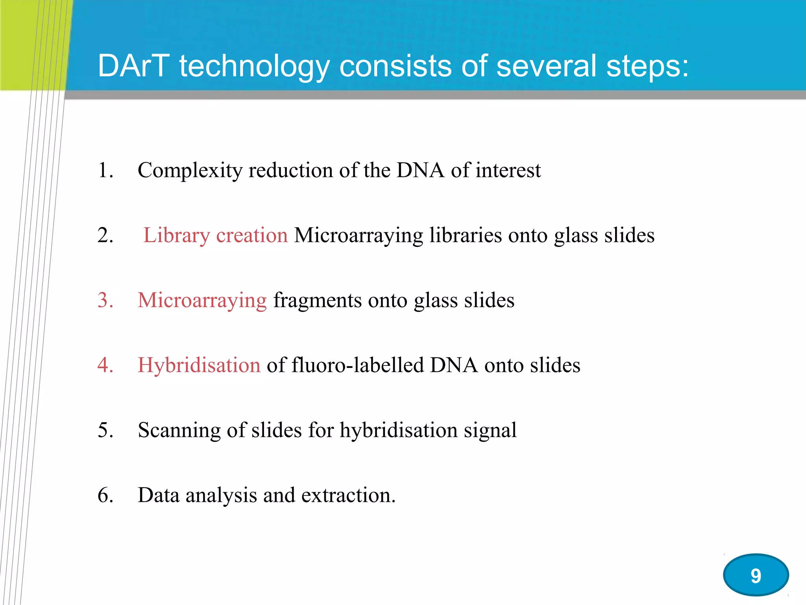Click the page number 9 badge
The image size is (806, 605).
pyautogui.click(x=756, y=575)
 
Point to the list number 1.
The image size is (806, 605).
pyautogui.click(x=105, y=171)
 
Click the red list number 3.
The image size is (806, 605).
pyautogui.click(x=105, y=300)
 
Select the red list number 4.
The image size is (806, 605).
pyautogui.click(x=105, y=365)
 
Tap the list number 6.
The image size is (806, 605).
pyautogui.click(x=105, y=495)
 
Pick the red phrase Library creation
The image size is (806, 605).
pyautogui.click(x=215, y=236)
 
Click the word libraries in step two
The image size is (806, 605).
pyautogui.click(x=465, y=236)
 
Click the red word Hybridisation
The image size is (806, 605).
pyautogui.click(x=199, y=365)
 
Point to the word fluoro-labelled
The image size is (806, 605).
pyautogui.click(x=357, y=365)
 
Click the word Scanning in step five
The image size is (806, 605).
pyautogui.click(x=179, y=431)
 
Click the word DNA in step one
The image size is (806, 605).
pyautogui.click(x=420, y=171)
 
